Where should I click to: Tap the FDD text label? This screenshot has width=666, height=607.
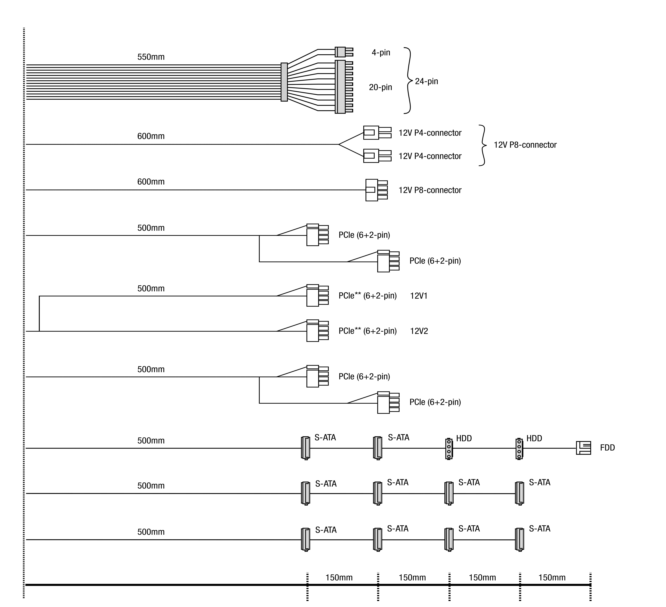click(x=607, y=448)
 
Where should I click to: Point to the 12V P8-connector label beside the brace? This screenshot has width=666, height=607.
click(x=525, y=145)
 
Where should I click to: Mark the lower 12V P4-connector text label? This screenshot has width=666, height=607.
click(x=430, y=156)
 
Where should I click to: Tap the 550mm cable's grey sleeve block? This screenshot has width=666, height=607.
click(x=284, y=82)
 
